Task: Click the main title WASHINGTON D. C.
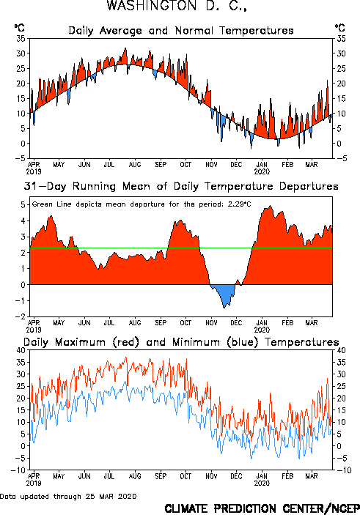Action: coord(177,6)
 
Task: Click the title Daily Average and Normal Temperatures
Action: coord(181,31)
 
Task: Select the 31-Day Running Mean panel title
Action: coord(181,186)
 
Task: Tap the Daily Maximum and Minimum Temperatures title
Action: coord(181,342)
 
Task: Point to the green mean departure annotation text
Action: coord(142,204)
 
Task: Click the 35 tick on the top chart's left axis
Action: coord(21,39)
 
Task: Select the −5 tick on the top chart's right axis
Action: coord(341,159)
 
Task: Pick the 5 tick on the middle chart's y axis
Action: coord(23,205)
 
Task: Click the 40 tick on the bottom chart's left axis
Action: coord(21,350)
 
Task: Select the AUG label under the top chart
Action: coord(135,165)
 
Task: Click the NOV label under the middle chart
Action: coord(211,323)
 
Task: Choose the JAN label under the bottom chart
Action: coord(262,476)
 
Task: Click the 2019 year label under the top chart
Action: coord(34,171)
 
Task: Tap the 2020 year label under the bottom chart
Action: coord(262,483)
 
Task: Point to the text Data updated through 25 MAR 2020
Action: coord(68,497)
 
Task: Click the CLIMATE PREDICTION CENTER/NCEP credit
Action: coord(262,508)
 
